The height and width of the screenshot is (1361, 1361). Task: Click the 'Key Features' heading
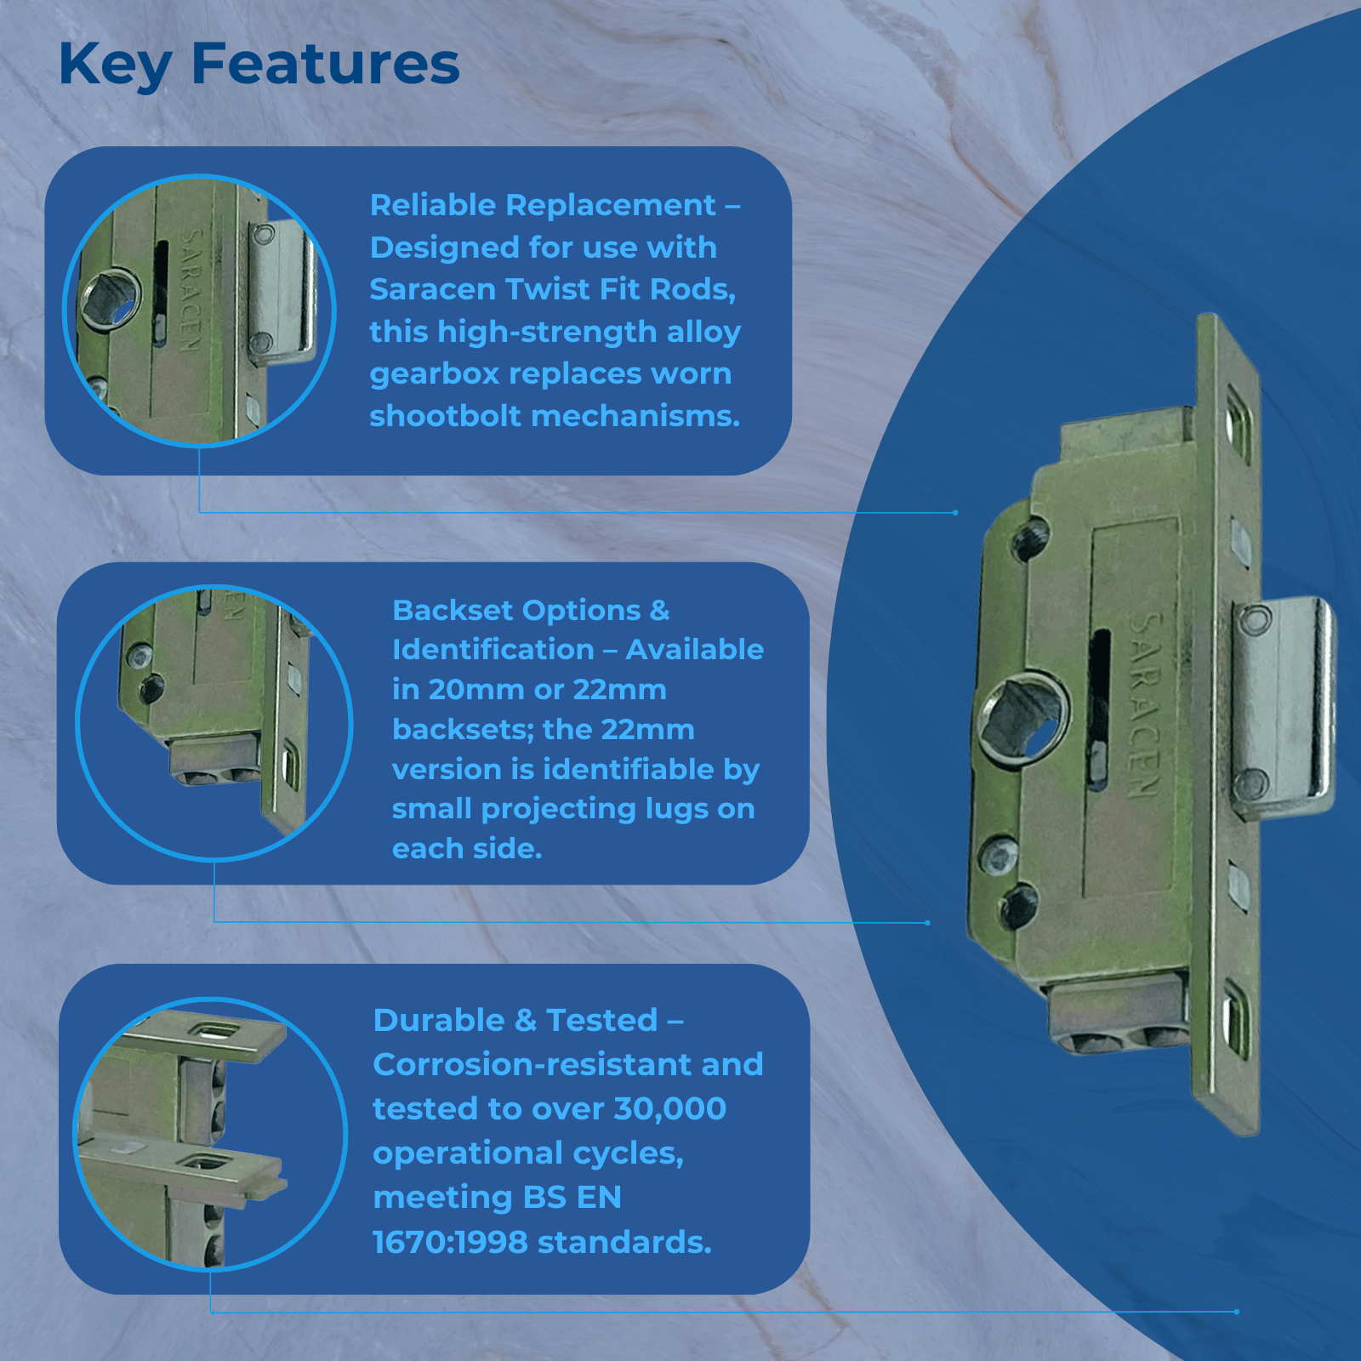(x=259, y=65)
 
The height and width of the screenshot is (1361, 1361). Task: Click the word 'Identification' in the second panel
(x=493, y=650)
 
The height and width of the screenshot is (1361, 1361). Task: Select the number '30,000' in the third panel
(x=670, y=1109)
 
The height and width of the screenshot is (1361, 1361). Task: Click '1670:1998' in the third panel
(x=451, y=1242)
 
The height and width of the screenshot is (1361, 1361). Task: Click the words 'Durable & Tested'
(x=515, y=1020)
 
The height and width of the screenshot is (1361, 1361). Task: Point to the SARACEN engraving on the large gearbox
(x=1144, y=706)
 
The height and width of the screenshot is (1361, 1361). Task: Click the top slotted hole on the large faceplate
(x=1238, y=434)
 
